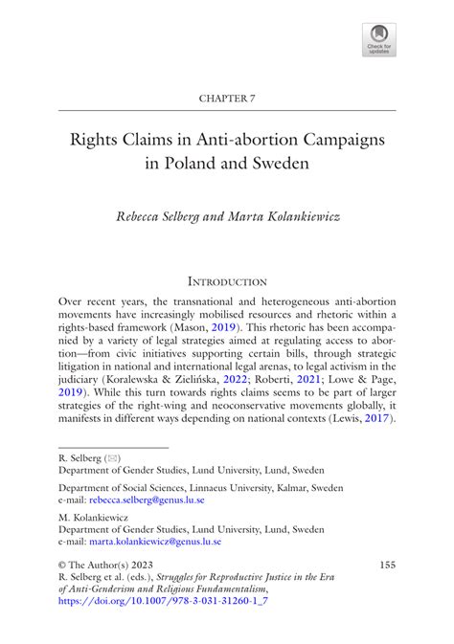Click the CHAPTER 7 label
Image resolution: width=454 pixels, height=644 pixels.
point(226,99)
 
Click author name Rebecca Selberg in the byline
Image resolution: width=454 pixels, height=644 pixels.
point(170,217)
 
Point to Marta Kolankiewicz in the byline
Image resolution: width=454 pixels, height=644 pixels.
point(285,217)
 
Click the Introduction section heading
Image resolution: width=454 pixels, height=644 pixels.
point(227,281)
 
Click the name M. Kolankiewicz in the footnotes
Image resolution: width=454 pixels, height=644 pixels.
point(95,515)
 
